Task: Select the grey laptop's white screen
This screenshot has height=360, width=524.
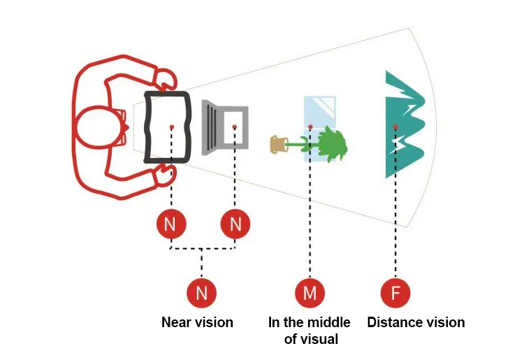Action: (x=235, y=126)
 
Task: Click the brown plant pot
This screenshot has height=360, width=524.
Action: (x=279, y=145)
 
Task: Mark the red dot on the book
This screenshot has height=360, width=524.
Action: (x=171, y=127)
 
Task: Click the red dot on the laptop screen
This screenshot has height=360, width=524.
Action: (x=235, y=127)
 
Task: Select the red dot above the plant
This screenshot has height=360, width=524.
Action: (x=310, y=127)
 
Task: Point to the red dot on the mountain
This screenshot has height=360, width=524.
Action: (x=395, y=127)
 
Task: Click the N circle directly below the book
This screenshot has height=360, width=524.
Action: (x=170, y=224)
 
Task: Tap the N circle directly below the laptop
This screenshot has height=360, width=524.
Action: (x=235, y=224)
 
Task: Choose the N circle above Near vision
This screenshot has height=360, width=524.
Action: (x=202, y=292)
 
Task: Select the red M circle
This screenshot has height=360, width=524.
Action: (x=310, y=292)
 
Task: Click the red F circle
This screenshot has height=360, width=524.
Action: (x=395, y=292)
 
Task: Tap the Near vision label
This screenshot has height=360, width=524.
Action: (x=197, y=322)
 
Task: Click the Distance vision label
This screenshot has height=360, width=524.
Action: (x=416, y=322)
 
